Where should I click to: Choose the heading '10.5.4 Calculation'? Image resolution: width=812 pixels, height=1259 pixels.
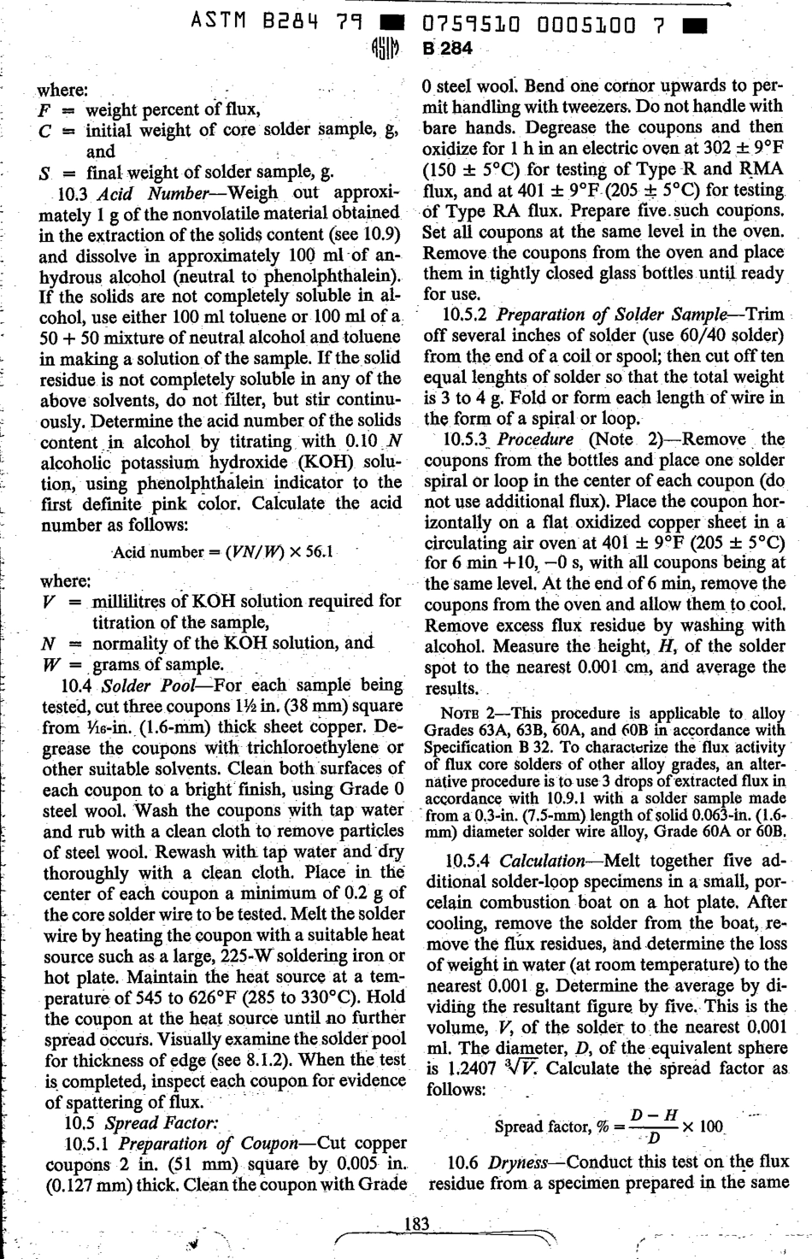(515, 861)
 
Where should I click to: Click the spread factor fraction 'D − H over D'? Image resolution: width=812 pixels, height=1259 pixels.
(654, 1127)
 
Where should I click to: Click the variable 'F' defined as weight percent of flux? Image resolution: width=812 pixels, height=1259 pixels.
(44, 110)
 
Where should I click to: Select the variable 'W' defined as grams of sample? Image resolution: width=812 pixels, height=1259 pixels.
(47, 664)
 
